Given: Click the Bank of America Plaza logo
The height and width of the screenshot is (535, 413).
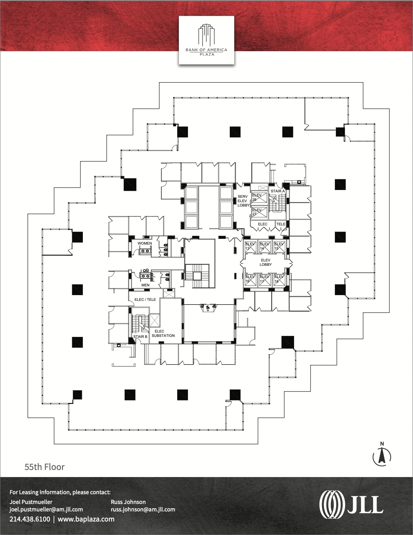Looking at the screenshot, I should point(206,40).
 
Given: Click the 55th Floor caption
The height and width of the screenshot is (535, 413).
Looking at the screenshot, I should point(44,467).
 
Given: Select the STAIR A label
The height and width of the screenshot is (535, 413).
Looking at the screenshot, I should point(278,191).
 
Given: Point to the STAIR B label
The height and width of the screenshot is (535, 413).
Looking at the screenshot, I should point(140,337).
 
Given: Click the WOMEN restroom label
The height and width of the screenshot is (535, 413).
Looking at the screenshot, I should point(145,243).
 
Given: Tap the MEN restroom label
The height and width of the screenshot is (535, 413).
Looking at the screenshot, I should point(145,285).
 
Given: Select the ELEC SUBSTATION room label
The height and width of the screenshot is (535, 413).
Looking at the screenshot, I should point(163,333).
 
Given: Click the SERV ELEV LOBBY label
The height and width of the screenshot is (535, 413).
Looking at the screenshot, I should point(243,201).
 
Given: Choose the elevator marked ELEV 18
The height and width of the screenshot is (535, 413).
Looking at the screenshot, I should point(279,279).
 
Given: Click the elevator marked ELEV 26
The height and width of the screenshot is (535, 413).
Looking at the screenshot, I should point(259,197).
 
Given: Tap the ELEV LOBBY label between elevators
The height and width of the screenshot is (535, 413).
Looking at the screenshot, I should point(265,262).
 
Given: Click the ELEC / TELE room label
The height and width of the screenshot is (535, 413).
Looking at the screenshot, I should point(145,300).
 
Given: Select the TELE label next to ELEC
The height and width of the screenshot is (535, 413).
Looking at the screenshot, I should point(281,224).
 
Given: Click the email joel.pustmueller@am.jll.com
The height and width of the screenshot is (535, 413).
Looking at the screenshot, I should point(46,509).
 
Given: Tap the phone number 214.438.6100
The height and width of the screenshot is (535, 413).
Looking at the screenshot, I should point(30,519).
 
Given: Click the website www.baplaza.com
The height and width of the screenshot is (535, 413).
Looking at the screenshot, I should point(86,519).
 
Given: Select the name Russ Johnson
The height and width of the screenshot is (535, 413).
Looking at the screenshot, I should point(128,502).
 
